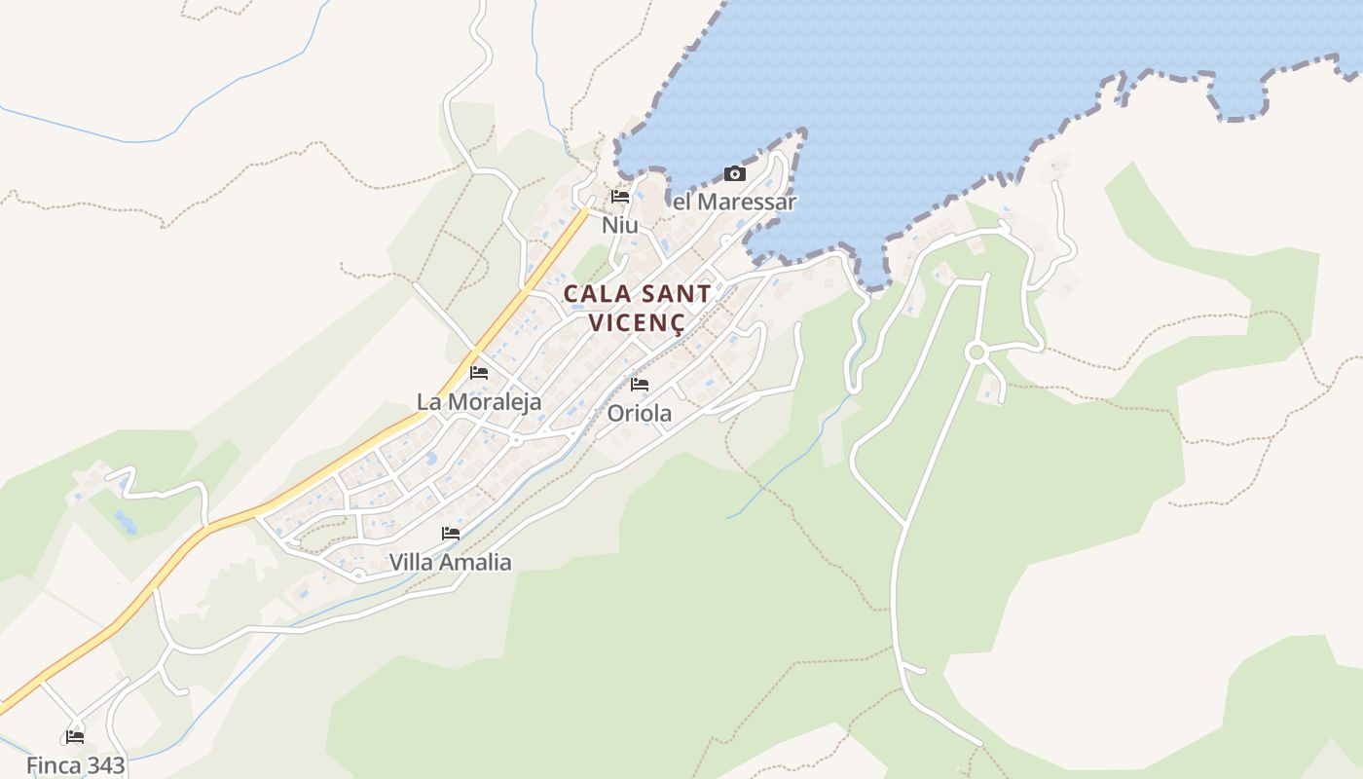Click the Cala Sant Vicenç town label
638,307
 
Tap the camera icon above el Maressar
735,174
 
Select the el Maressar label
735,203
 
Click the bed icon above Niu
620,197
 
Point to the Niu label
620,225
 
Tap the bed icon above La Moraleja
479,372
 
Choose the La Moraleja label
479,401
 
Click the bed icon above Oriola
640,385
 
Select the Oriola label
640,414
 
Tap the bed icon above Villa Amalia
451,534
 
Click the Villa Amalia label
450,562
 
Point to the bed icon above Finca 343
75,736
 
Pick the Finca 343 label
76,765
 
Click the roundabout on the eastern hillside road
976,352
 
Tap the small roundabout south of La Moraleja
516,440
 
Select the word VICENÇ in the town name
638,322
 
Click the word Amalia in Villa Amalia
476,562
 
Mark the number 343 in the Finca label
102,765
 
